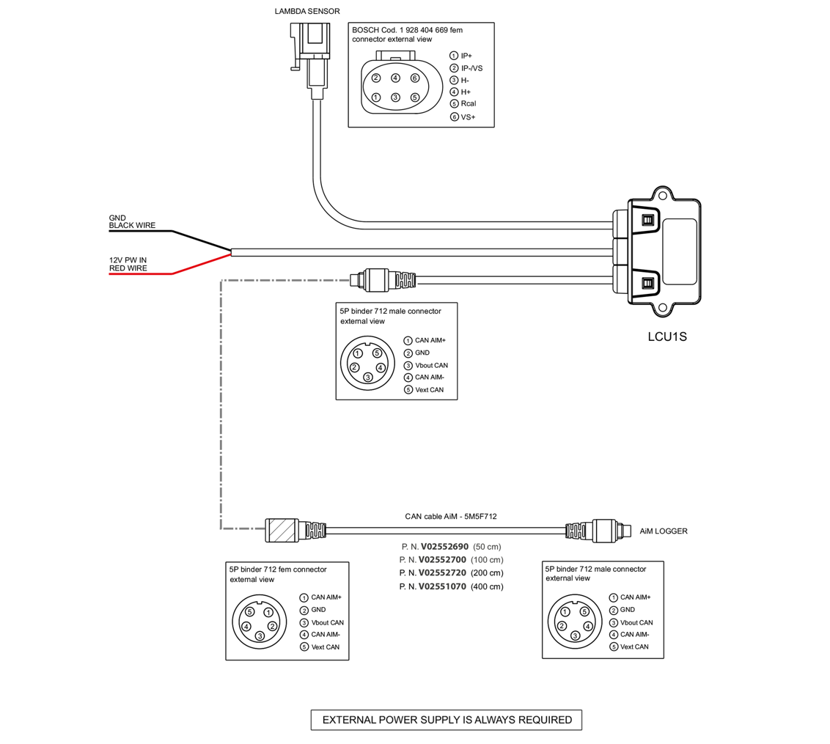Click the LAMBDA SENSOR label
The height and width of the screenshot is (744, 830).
[x=307, y=11]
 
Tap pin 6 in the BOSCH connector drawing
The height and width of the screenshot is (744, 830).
[x=415, y=78]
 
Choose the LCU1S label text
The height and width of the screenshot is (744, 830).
[x=666, y=338]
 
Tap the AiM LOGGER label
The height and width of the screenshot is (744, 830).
[x=664, y=531]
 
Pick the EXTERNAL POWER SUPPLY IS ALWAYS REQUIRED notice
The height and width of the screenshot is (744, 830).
[x=447, y=720]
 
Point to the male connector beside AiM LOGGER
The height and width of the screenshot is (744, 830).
[x=606, y=528]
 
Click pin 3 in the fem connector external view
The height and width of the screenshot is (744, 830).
[x=260, y=636]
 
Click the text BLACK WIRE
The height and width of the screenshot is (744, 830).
[x=132, y=226]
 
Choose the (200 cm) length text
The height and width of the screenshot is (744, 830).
[x=487, y=573]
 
